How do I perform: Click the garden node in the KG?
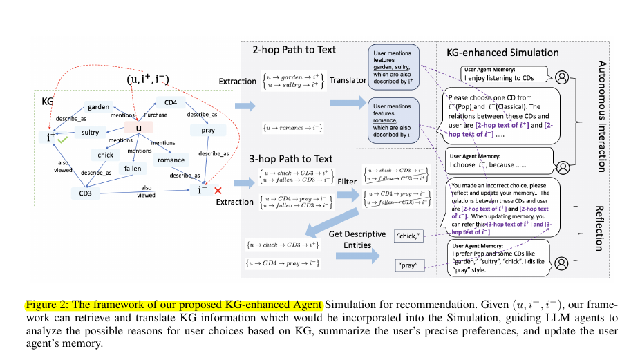[99, 107]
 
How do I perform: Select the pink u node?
[138, 128]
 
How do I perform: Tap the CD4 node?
[170, 103]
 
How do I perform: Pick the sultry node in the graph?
[90, 132]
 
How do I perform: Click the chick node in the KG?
[105, 155]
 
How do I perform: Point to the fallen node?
[133, 168]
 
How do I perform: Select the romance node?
[171, 160]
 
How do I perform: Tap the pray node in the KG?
[208, 130]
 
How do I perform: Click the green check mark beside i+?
[63, 140]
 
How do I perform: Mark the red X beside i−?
[218, 190]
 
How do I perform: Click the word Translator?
[348, 80]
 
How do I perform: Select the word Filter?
[348, 182]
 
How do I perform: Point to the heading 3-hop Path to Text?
[285, 160]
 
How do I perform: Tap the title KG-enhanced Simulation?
[503, 53]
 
